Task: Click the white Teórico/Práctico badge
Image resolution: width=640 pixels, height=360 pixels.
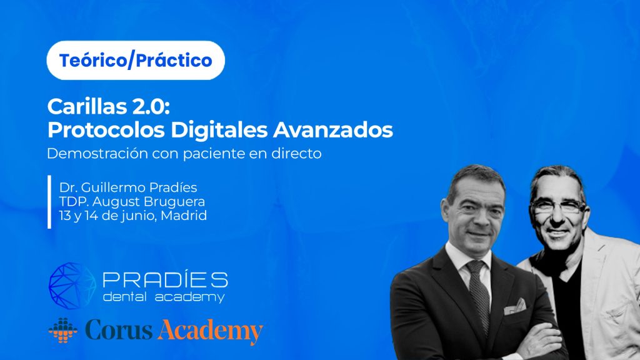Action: [136, 61]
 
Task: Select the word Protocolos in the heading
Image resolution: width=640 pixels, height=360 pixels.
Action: [106, 130]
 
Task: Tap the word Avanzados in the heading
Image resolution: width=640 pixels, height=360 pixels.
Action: [333, 130]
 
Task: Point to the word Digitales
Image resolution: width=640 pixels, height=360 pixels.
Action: [219, 130]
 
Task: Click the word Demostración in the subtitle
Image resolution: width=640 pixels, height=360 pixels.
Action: [97, 154]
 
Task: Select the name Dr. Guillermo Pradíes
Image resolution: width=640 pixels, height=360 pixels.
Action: [128, 187]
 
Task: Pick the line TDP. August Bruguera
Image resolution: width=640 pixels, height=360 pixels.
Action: [132, 201]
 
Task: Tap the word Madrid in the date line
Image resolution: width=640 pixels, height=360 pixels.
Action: [184, 215]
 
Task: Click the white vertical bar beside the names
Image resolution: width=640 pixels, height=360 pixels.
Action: [49, 202]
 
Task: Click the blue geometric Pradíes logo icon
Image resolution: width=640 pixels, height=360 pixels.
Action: [72, 286]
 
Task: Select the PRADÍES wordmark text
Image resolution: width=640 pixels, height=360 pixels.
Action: [165, 280]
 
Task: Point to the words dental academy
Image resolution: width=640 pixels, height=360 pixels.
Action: [164, 297]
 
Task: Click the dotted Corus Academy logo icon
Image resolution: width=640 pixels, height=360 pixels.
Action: [63, 330]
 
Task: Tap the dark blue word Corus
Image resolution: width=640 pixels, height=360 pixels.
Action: [119, 330]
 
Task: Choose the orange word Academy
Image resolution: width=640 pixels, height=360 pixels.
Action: [210, 331]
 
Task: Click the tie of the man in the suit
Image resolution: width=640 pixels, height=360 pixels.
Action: [478, 294]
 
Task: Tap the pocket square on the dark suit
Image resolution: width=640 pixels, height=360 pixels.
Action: [515, 307]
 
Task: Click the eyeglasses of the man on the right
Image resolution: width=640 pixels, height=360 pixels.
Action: [559, 206]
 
